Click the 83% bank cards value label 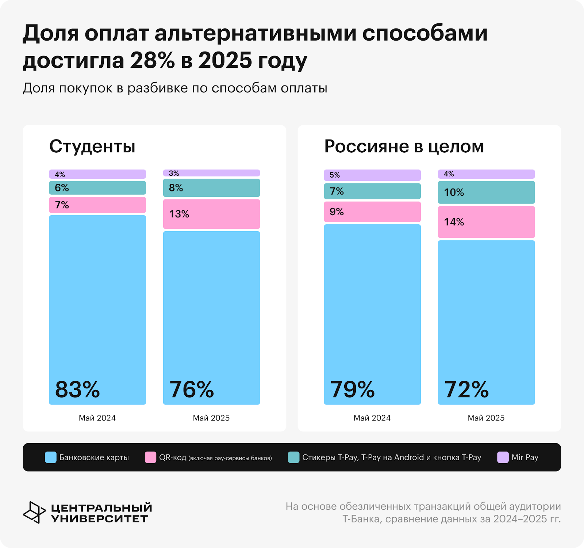(x=77, y=389)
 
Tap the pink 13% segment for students (x=211, y=214)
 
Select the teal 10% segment (x=486, y=193)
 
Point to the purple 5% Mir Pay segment (x=372, y=175)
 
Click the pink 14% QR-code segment (x=486, y=222)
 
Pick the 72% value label (x=466, y=389)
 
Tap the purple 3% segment (x=211, y=173)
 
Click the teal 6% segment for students (x=97, y=188)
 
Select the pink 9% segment (x=372, y=212)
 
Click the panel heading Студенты (x=92, y=146)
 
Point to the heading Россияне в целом (x=404, y=146)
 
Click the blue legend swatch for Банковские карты (x=51, y=457)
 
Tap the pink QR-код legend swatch (x=150, y=457)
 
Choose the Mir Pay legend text (x=525, y=457)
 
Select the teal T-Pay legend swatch (x=293, y=457)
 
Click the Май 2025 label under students (x=211, y=418)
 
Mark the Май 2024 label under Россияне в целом (x=372, y=418)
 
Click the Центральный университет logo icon (x=34, y=512)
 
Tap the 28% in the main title (x=152, y=61)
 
